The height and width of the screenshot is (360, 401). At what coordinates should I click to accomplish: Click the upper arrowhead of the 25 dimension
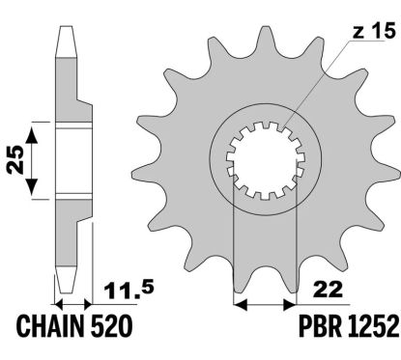click(36, 129)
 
